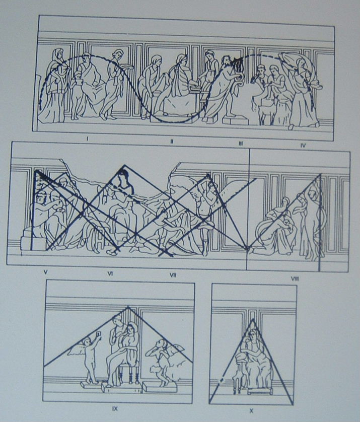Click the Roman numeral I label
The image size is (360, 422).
87,138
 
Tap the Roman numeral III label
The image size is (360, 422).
241,144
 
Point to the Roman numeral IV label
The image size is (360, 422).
303,146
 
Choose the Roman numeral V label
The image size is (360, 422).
45,272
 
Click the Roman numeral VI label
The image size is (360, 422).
110,274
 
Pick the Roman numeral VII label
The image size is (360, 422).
173,275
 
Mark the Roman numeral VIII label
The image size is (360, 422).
295,278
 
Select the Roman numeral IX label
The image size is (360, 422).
115,408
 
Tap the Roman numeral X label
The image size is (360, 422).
251,411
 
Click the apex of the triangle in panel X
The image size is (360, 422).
253,319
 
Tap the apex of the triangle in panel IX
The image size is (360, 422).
128,307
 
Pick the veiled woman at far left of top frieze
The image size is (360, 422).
54,86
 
